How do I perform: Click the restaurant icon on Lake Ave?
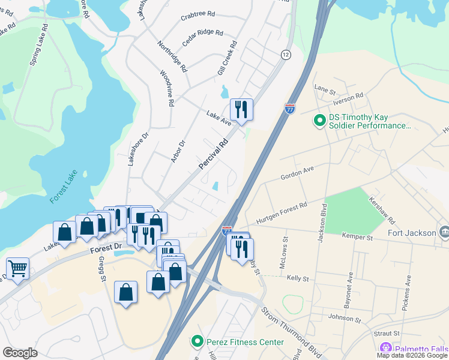241,109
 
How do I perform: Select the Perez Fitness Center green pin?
196,342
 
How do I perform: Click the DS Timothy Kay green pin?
320,121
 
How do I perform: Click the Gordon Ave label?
297,173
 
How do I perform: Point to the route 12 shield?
285,55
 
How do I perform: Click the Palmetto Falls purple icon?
385,348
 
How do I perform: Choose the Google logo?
20,353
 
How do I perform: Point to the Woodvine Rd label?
166,89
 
